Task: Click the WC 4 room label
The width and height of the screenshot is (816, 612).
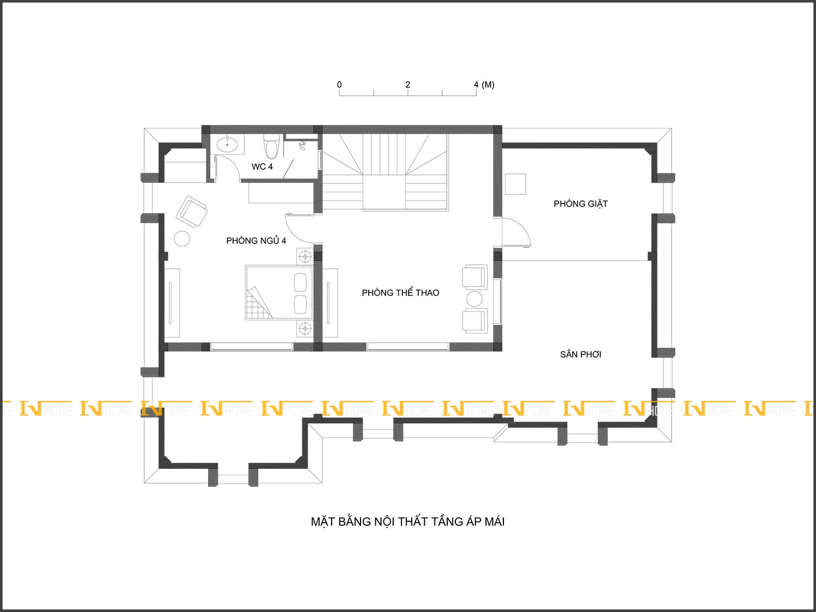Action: coord(262,166)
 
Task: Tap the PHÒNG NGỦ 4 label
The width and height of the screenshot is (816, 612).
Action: coord(256,241)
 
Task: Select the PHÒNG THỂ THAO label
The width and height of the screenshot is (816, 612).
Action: coord(400,293)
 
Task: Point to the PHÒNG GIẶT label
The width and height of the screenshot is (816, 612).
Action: coord(581,203)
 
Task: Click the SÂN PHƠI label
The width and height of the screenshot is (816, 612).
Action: coord(581,354)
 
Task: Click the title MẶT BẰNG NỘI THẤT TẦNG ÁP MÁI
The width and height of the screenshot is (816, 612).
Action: coord(408,522)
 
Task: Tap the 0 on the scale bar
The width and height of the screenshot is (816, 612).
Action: coord(340,85)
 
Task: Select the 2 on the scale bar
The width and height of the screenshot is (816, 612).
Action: coord(408,85)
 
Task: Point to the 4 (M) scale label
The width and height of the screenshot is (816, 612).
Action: coord(484,85)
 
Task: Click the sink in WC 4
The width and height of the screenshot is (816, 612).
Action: coord(227,144)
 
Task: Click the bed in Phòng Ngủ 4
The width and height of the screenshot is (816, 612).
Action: coord(279,292)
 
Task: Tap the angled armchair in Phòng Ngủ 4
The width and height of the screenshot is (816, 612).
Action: coord(191,212)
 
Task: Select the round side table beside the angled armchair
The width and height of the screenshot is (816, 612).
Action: coord(182,239)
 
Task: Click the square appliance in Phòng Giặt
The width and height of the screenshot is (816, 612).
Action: coord(515,184)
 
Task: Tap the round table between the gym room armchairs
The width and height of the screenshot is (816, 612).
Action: coord(474,299)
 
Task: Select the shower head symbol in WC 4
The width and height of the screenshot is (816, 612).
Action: coord(302,145)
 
